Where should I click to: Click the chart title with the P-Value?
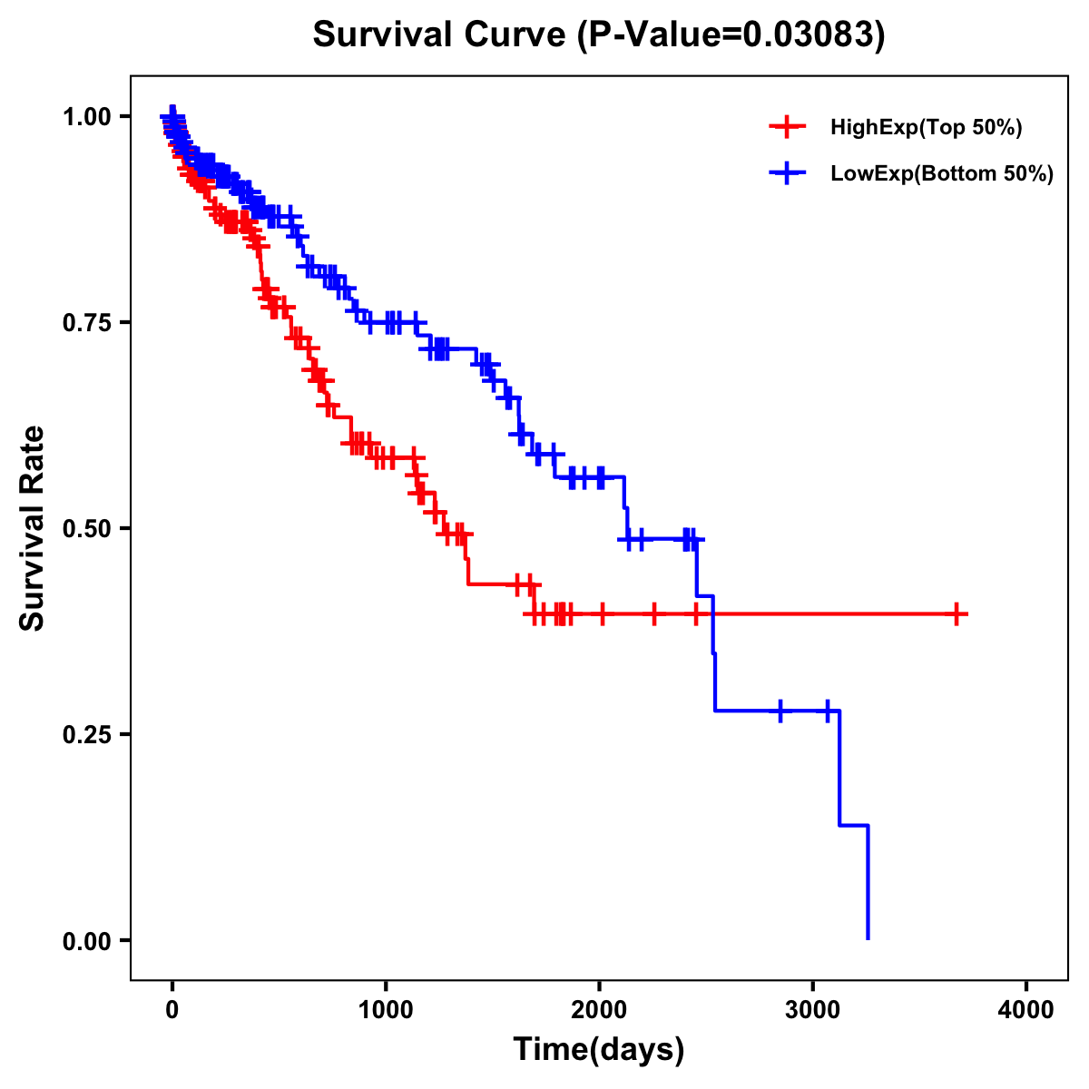(598, 34)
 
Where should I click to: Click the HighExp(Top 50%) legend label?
(927, 128)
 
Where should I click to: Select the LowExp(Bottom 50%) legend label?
(942, 174)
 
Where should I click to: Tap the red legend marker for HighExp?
(787, 127)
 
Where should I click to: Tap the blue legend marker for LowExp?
(787, 173)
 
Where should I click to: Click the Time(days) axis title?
(599, 1050)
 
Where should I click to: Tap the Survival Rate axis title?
(33, 528)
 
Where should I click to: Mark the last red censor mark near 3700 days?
(957, 614)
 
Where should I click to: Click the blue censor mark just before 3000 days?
(780, 711)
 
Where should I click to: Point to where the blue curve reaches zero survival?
(868, 938)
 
